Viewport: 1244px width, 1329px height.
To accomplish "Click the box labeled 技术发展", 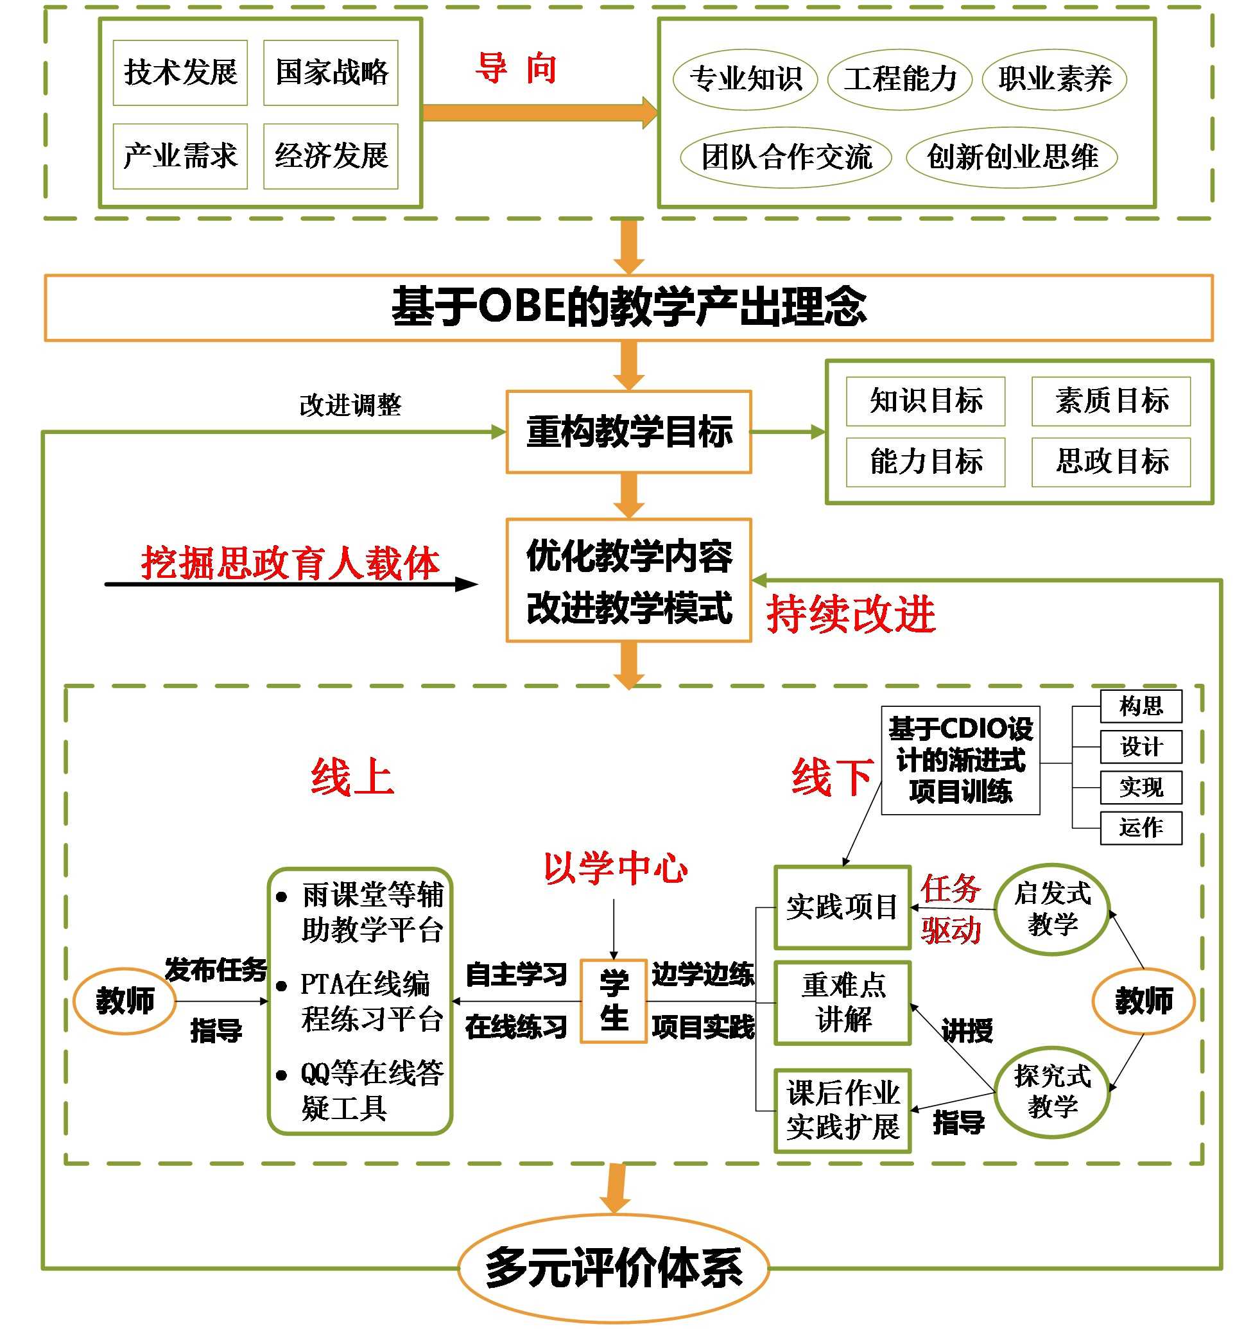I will click(180, 72).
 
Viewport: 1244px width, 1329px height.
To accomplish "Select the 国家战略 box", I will click(330, 72).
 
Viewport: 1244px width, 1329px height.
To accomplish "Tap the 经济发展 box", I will click(330, 156).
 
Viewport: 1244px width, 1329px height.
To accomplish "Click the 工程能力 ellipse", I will click(899, 79).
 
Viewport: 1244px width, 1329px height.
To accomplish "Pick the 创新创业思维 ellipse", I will click(1011, 157).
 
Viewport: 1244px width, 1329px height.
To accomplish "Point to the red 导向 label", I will click(515, 69).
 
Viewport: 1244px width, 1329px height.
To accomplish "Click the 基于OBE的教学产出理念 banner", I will click(628, 308).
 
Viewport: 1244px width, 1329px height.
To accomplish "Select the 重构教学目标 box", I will click(628, 432).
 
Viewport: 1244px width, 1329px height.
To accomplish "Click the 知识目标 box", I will click(925, 401).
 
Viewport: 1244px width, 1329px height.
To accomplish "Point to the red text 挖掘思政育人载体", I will click(290, 562).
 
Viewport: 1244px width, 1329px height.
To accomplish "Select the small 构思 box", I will click(1141, 706).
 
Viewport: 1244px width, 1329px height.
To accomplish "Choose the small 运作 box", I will click(1141, 828).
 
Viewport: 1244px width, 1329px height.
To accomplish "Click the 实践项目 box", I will click(842, 907).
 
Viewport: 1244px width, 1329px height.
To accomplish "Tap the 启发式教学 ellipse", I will click(1051, 908).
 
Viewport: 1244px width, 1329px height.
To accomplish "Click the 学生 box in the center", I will click(613, 1001).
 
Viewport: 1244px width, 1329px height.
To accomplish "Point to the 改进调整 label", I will click(350, 405).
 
